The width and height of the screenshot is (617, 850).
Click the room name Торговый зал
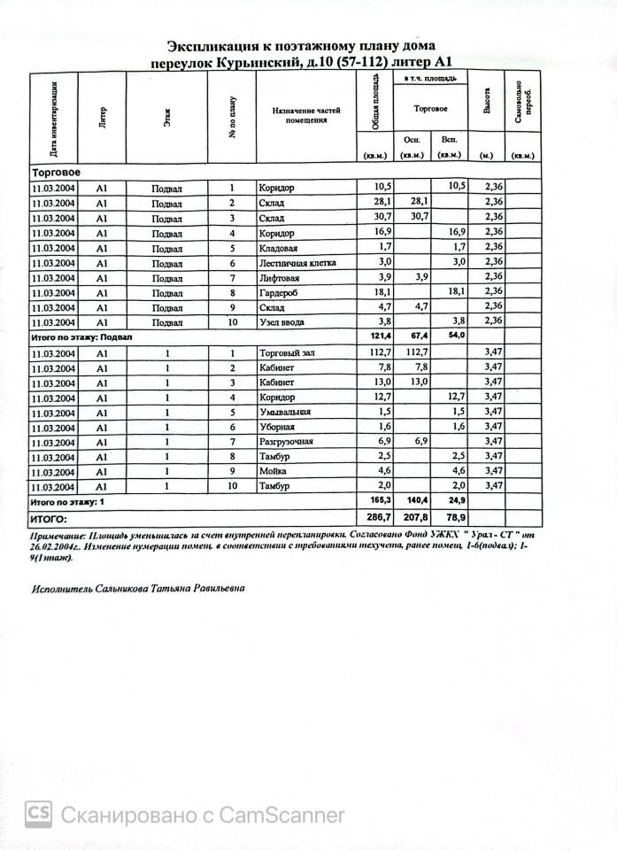click(287, 352)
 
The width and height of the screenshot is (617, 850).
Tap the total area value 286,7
click(376, 517)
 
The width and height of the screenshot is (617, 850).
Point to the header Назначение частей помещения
click(305, 115)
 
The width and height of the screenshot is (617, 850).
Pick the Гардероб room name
click(281, 292)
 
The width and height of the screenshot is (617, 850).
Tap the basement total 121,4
click(376, 337)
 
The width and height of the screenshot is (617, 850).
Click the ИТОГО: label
click(49, 518)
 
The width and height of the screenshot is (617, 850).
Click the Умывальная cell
click(285, 412)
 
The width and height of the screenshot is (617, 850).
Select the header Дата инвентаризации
click(54, 118)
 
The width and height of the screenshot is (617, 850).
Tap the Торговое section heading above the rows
click(56, 172)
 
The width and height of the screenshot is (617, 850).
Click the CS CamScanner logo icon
click(38, 814)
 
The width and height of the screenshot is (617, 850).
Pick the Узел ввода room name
click(283, 322)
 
